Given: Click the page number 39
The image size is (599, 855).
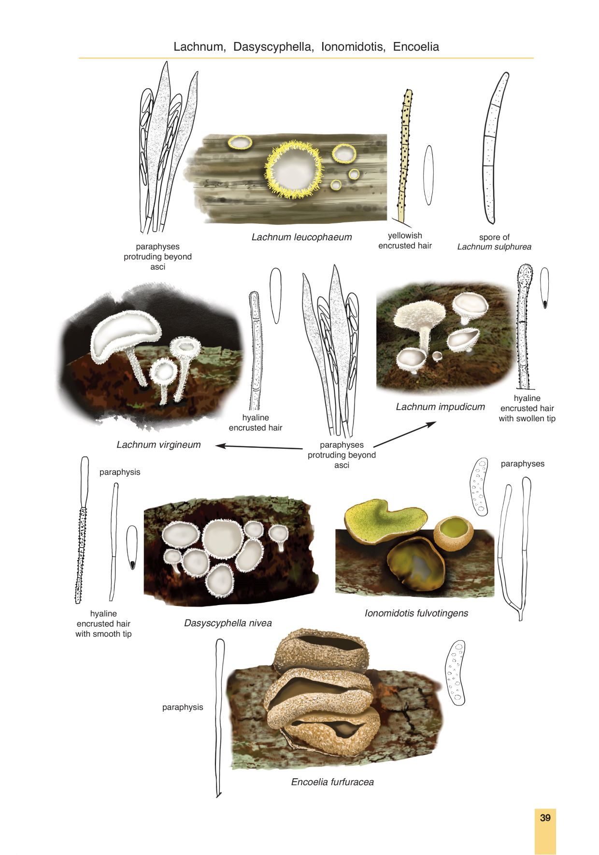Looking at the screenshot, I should pyautogui.click(x=545, y=817).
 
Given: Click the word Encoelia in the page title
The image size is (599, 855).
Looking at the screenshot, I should pyautogui.click(x=416, y=47).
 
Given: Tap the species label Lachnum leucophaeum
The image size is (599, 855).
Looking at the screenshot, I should pyautogui.click(x=301, y=237).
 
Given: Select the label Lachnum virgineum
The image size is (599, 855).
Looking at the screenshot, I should pyautogui.click(x=158, y=444).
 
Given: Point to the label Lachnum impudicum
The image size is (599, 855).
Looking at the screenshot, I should pyautogui.click(x=440, y=407).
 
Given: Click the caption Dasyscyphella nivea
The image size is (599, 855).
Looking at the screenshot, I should pyautogui.click(x=228, y=623).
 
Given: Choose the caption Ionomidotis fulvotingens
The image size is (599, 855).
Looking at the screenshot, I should pyautogui.click(x=416, y=613).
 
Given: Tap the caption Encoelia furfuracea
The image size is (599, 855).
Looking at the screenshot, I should pyautogui.click(x=332, y=782).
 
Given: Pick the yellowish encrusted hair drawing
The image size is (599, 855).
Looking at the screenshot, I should pyautogui.click(x=404, y=154).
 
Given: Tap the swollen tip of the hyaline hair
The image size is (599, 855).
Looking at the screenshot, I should pyautogui.click(x=525, y=273).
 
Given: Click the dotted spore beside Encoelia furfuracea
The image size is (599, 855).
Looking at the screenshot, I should pyautogui.click(x=456, y=673).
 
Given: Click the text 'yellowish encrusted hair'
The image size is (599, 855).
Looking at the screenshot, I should pyautogui.click(x=405, y=240).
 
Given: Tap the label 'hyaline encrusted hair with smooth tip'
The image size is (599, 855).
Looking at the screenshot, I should pyautogui.click(x=103, y=623).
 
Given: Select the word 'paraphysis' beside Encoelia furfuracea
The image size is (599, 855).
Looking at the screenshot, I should pyautogui.click(x=183, y=707).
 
